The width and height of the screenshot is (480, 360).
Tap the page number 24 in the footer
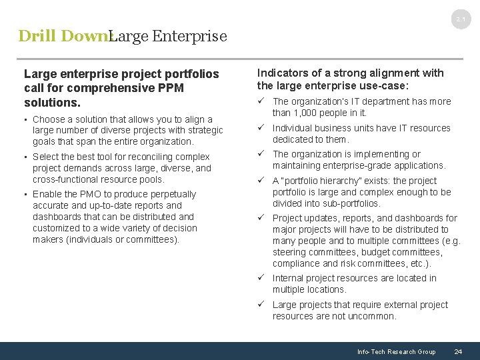click(x=458, y=351)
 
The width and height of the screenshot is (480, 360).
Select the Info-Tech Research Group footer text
click(x=396, y=351)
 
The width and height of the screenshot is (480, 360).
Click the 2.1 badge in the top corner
click(x=461, y=20)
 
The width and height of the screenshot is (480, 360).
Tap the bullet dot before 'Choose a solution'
click(x=25, y=119)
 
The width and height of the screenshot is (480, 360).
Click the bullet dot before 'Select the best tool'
click(x=25, y=157)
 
